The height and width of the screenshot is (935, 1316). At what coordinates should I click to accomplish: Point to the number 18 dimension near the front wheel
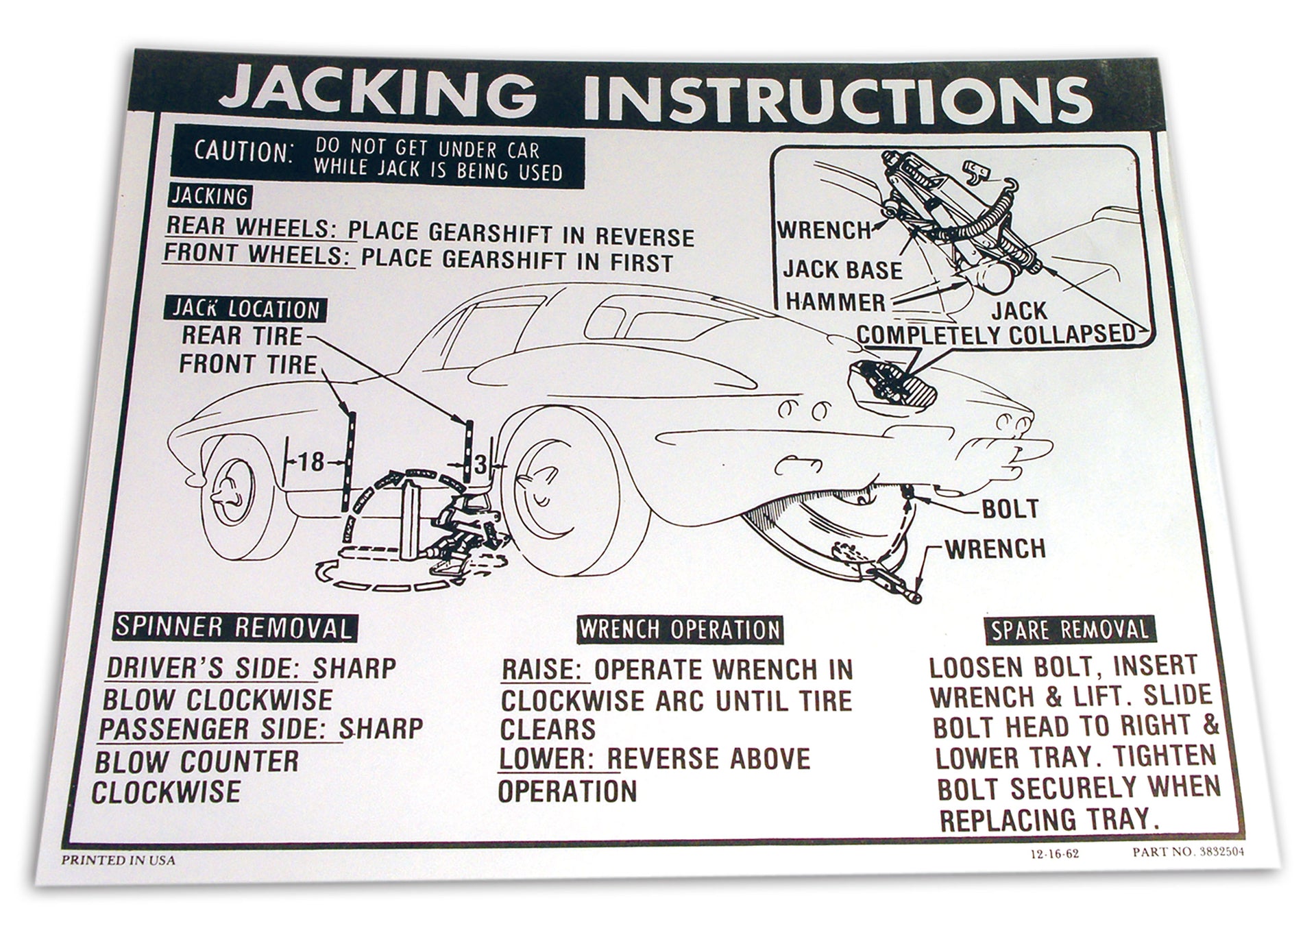point(310,461)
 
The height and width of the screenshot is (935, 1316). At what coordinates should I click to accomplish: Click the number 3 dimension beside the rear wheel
point(480,465)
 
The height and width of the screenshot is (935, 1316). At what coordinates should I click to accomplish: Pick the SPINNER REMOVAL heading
point(233,627)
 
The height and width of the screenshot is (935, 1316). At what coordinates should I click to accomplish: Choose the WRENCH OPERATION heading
point(679,629)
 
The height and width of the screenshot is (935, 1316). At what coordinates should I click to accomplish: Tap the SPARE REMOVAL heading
point(1069,630)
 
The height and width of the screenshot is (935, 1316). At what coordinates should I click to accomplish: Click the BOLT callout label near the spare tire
point(1010,509)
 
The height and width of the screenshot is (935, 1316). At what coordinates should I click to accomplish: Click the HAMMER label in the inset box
point(835,302)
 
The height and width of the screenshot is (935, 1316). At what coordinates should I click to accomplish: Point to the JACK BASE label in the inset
point(842,270)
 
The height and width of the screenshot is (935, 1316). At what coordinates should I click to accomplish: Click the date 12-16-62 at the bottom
point(1048,854)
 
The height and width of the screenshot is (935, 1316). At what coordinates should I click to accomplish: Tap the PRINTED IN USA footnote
point(118,860)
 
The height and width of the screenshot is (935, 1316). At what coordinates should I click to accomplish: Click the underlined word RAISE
point(545,670)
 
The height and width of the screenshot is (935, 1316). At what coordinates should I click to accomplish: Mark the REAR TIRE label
point(241,336)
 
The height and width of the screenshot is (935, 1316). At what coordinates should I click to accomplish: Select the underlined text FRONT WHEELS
point(252,254)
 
